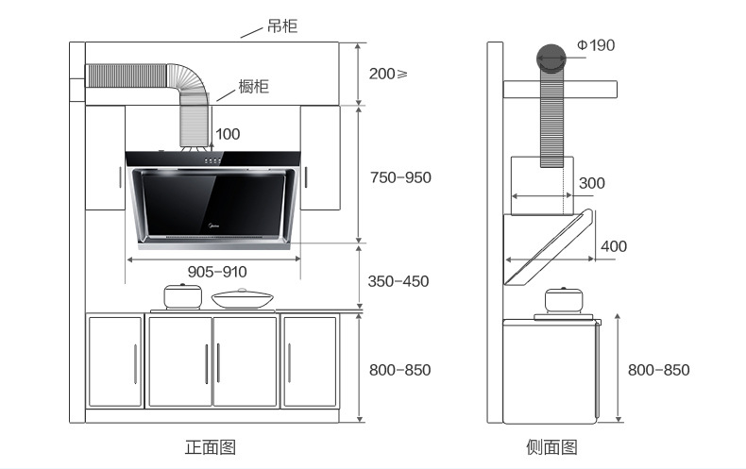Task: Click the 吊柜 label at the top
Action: pyautogui.click(x=281, y=26)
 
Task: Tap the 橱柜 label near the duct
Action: pyautogui.click(x=253, y=88)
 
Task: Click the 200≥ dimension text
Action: pyautogui.click(x=388, y=74)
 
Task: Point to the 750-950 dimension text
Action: pyautogui.click(x=400, y=177)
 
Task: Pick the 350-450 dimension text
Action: pyautogui.click(x=398, y=281)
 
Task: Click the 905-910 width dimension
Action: pyautogui.click(x=217, y=271)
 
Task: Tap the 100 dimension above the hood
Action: pyautogui.click(x=228, y=134)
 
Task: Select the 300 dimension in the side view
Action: pyautogui.click(x=592, y=182)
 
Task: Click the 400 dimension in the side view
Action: pyautogui.click(x=613, y=246)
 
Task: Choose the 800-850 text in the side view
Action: pyautogui.click(x=658, y=370)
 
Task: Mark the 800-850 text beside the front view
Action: pyautogui.click(x=399, y=370)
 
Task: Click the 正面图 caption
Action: pyautogui.click(x=210, y=446)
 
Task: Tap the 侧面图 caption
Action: pyautogui.click(x=551, y=446)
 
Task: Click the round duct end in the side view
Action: pyautogui.click(x=552, y=58)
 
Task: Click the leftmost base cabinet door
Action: pyautogui.click(x=115, y=361)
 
